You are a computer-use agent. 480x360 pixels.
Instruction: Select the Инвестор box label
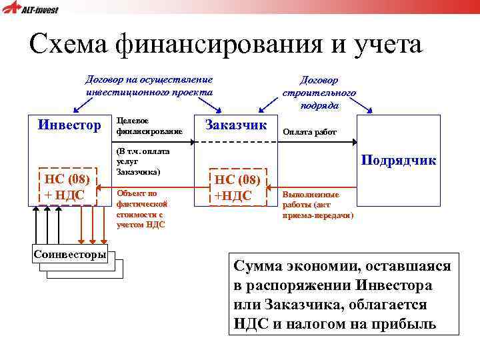(69, 125)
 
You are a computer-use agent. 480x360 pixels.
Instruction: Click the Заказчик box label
(235, 124)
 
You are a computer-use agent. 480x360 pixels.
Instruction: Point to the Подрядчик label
(399, 161)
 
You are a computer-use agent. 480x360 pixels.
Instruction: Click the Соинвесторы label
(70, 255)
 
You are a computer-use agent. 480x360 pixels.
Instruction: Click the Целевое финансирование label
(139, 125)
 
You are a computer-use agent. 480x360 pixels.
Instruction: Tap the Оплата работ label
(309, 132)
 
